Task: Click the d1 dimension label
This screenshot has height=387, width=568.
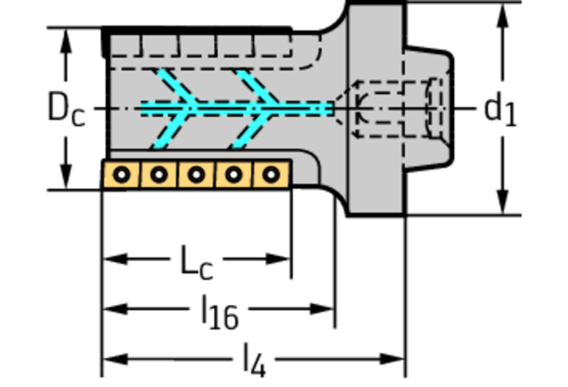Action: pyautogui.click(x=501, y=109)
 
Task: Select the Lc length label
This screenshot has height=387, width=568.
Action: pyautogui.click(x=196, y=263)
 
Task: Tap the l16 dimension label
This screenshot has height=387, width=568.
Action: pyautogui.click(x=220, y=312)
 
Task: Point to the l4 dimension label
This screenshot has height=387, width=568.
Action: pyautogui.click(x=255, y=360)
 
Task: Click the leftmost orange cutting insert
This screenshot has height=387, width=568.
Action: pyautogui.click(x=121, y=175)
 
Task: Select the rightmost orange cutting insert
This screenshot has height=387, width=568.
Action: pyautogui.click(x=271, y=175)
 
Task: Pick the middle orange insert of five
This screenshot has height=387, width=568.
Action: pyautogui.click(x=196, y=175)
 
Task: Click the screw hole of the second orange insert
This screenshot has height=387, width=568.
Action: pyautogui.click(x=158, y=175)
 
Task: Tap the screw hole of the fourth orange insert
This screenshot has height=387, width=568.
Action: pyautogui.click(x=234, y=175)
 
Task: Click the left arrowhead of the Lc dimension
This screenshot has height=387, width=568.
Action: pyautogui.click(x=116, y=259)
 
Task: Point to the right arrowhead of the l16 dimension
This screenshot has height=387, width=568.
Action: pyautogui.click(x=321, y=309)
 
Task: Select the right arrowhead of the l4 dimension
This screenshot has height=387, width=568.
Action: pyautogui.click(x=392, y=359)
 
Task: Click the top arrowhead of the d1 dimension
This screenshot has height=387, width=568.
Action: pyautogui.click(x=502, y=16)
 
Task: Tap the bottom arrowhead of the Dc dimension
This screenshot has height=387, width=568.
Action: pyautogui.click(x=66, y=177)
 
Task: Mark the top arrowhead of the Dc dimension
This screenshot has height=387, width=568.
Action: pyautogui.click(x=66, y=41)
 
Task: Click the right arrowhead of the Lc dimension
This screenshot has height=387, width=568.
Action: pyautogui.click(x=278, y=259)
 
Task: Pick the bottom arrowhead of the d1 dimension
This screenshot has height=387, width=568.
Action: pyautogui.click(x=502, y=202)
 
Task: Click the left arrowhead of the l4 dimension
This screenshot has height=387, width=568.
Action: pyautogui.click(x=116, y=359)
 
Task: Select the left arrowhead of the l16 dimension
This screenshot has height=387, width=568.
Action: pyautogui.click(x=116, y=309)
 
